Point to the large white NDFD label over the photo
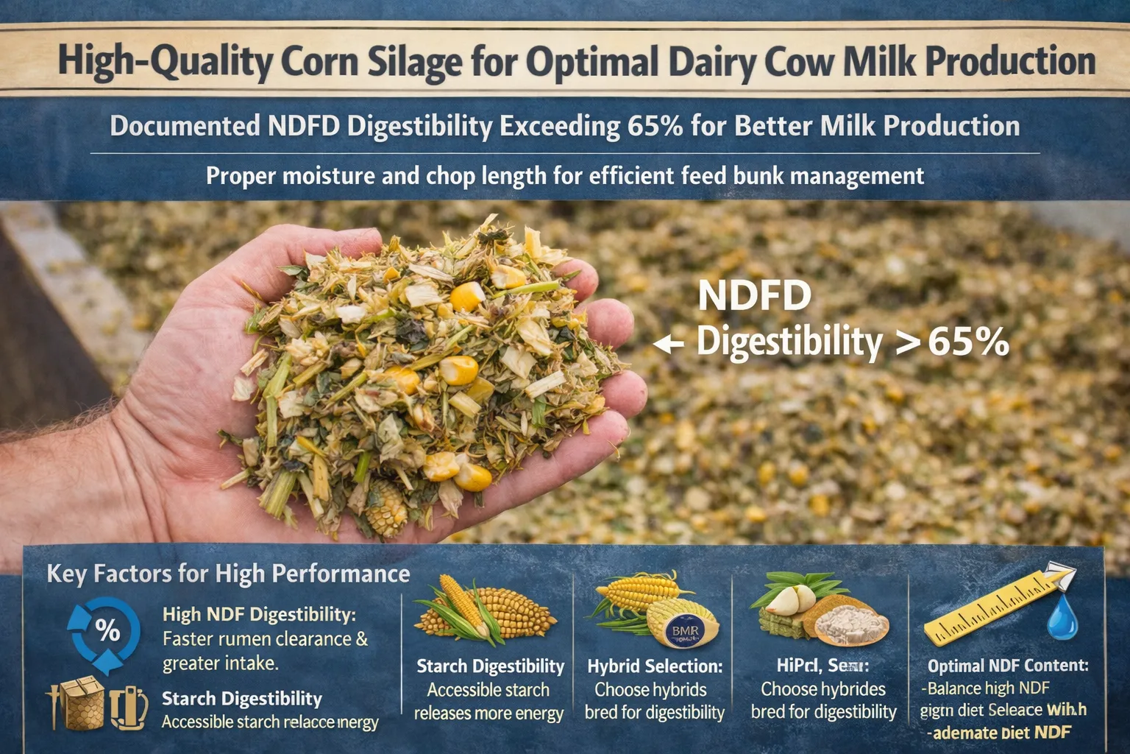click(x=754, y=296)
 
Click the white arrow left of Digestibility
click(x=668, y=344)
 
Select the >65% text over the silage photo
click(x=952, y=342)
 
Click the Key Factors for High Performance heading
click(x=228, y=574)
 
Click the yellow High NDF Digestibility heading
click(x=259, y=614)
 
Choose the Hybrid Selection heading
click(x=654, y=666)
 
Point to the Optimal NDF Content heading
click(x=1007, y=666)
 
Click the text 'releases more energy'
click(x=488, y=714)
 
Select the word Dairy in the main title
click(x=708, y=62)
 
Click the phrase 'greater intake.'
click(x=220, y=663)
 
